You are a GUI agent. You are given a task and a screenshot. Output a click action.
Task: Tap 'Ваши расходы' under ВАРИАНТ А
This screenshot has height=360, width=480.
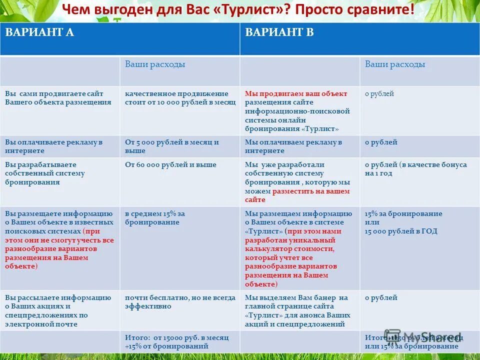(155, 64)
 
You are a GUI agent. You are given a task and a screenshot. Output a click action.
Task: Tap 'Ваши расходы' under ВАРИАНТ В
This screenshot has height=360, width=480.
(395, 64)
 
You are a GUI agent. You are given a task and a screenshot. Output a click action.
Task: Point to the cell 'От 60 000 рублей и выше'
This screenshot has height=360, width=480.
(170, 164)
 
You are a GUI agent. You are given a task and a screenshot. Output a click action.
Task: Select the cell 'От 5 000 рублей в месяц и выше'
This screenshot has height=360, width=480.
(172, 146)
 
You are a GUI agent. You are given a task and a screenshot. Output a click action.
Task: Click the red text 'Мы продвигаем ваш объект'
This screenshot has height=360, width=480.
(296, 93)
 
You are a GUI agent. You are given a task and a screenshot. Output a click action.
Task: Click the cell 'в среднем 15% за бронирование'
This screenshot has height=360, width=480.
(155, 217)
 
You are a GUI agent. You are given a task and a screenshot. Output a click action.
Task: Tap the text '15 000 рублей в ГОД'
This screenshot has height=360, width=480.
(401, 231)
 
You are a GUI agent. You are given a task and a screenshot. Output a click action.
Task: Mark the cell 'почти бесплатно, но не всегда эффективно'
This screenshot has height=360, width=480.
(180, 301)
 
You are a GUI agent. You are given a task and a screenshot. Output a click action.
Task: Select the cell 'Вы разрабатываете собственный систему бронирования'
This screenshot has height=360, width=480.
(45, 173)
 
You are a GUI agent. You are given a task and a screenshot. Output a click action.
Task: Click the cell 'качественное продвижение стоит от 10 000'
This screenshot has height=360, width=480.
(180, 97)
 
